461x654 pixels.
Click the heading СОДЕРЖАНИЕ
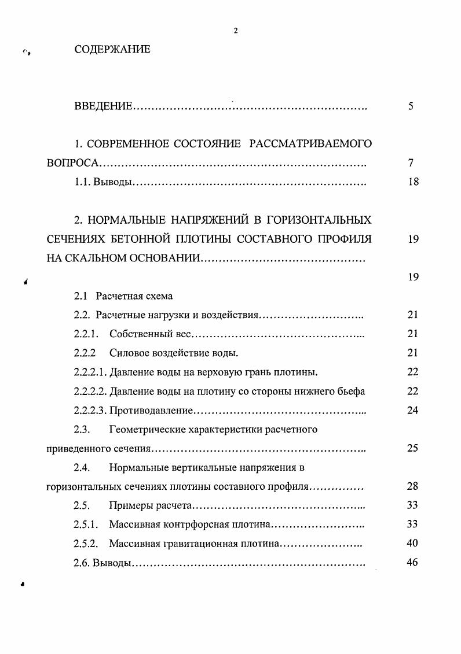tap(112, 50)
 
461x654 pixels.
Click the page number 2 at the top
tap(236, 31)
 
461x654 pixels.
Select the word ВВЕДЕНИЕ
tap(104, 106)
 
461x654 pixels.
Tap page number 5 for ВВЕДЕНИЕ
tap(411, 106)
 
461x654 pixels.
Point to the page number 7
tap(411, 163)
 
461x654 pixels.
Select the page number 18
tap(412, 182)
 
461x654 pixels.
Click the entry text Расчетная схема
tap(134, 296)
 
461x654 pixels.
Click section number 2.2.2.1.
tap(91, 372)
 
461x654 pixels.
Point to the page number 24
tap(412, 411)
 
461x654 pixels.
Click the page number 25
tap(412, 448)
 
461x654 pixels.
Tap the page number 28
tap(412, 486)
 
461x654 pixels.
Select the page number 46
tap(412, 563)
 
